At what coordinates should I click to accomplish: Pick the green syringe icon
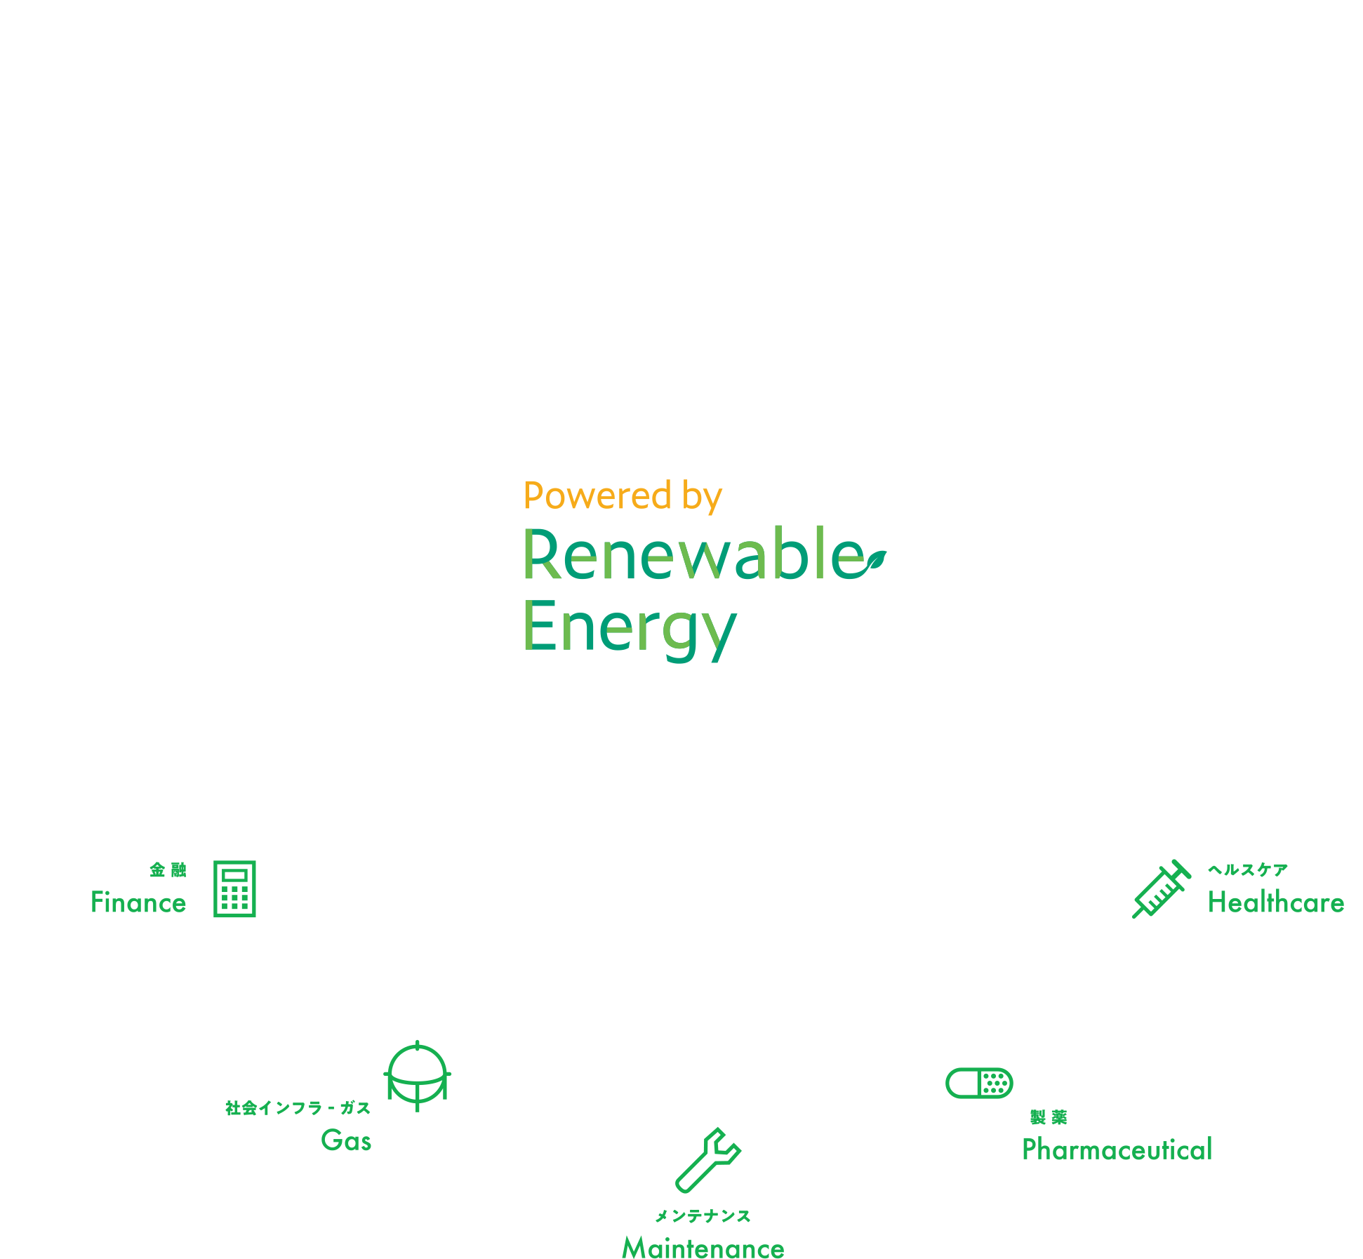click(1161, 889)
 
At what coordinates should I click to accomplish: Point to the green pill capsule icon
click(979, 1083)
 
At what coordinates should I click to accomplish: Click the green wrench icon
click(707, 1161)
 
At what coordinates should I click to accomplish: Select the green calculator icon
click(235, 889)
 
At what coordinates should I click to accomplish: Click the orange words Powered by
click(623, 496)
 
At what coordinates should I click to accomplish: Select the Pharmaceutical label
click(1117, 1150)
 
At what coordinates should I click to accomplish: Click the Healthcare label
click(1276, 902)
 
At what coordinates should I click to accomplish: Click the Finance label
click(138, 902)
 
